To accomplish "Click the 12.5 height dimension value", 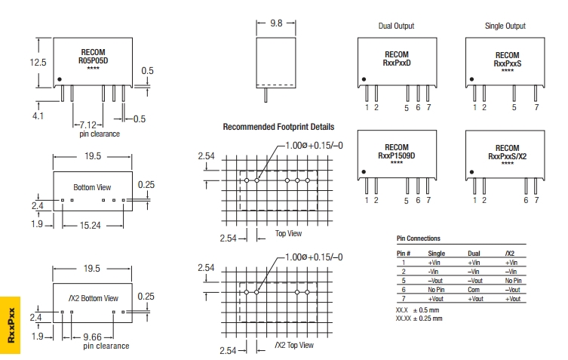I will click(x=38, y=63).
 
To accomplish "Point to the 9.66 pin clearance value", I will click(x=94, y=337).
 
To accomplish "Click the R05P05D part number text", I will click(x=94, y=62).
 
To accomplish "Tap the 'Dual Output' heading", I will click(x=396, y=26).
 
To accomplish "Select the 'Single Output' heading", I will click(x=505, y=26).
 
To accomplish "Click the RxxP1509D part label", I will click(x=396, y=156).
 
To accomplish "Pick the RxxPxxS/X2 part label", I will click(x=506, y=156).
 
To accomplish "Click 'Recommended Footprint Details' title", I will click(x=278, y=128).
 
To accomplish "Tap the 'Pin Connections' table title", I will click(x=419, y=238).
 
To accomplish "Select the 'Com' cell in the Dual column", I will click(x=474, y=290).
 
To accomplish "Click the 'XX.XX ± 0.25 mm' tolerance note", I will click(x=419, y=318).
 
